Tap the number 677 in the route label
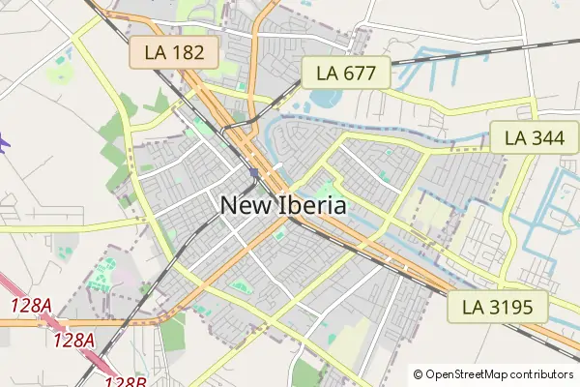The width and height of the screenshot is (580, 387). point(360,72)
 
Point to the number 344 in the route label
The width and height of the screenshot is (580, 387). point(548,138)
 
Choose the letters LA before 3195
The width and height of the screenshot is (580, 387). point(475,308)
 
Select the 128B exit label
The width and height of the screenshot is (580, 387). point(125,381)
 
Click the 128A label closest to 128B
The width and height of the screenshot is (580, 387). point(74,341)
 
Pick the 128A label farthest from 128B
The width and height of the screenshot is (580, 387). point(31,306)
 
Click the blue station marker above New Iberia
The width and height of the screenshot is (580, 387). point(252,173)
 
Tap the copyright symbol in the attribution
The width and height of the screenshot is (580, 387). point(418,373)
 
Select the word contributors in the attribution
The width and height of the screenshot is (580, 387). point(541,373)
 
